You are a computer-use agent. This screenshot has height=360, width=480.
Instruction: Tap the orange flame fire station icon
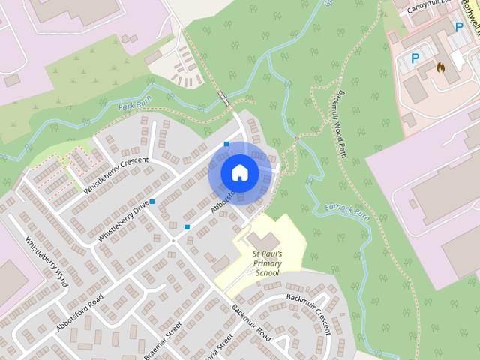click(440, 67)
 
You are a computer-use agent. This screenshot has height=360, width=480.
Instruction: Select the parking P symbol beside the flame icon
click(414, 57)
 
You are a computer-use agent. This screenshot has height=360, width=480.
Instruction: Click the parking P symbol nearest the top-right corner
click(459, 26)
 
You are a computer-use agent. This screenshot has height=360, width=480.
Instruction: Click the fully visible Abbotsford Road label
click(79, 307)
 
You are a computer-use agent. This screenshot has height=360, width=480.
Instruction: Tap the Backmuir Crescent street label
click(309, 310)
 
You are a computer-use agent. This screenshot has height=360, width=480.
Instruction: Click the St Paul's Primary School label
click(267, 264)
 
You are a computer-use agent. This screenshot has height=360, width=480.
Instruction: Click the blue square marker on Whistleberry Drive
click(152, 202)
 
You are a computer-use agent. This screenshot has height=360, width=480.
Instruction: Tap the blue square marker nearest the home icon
click(226, 143)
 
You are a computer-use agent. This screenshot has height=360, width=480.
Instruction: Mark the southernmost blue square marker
click(187, 226)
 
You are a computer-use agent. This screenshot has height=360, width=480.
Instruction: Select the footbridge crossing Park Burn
click(223, 96)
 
